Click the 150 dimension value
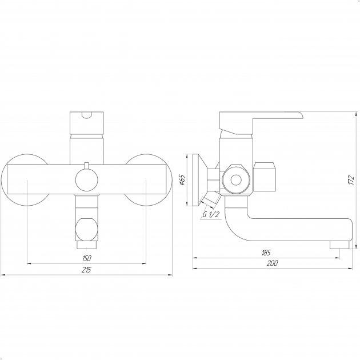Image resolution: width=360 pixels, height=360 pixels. (86, 258)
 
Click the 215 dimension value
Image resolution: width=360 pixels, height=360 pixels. (86, 270)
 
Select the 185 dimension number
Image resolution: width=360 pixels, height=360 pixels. (266, 253)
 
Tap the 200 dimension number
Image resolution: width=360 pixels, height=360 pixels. (273, 263)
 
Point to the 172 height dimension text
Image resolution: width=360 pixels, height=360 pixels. (351, 180)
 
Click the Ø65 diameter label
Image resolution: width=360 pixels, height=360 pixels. (182, 180)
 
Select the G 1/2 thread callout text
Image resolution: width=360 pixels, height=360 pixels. (211, 215)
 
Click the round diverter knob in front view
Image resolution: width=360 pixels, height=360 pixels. (86, 180)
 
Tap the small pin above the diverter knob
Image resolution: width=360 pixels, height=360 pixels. (86, 166)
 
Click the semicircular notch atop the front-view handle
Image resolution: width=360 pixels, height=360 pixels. (86, 115)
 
